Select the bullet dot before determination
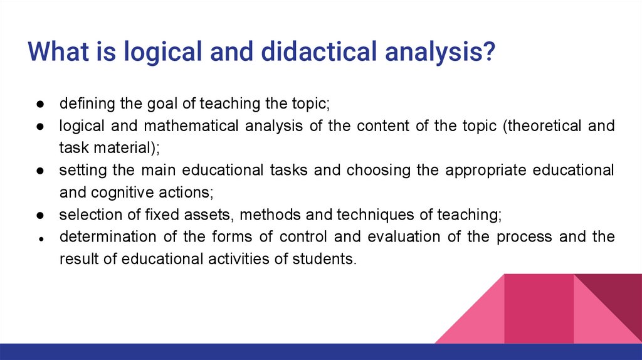pyautogui.click(x=39, y=238)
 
